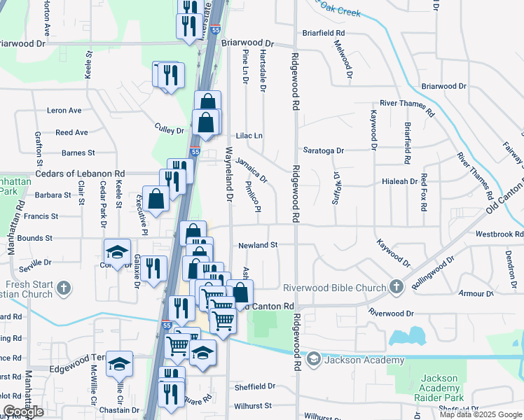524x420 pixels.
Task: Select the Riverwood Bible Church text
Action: [334, 288]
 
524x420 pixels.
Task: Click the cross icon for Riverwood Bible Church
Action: [397, 287]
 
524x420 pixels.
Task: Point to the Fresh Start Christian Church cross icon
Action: [63, 288]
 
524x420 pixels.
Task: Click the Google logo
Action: [23, 412]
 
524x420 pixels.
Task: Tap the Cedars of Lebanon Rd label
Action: [80, 174]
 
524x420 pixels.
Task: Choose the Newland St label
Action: [258, 245]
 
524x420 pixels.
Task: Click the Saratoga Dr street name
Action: [324, 150]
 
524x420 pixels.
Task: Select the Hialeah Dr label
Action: [400, 181]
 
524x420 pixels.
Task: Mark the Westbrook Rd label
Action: [499, 234]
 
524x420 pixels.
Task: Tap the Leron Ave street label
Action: [64, 111]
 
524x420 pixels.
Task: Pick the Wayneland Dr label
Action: [228, 175]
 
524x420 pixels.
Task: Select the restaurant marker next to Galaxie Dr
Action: [154, 268]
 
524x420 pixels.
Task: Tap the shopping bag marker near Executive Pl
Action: [156, 198]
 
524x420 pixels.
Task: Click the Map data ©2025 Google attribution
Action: [481, 414]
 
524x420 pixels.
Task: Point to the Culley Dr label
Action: [169, 130]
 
